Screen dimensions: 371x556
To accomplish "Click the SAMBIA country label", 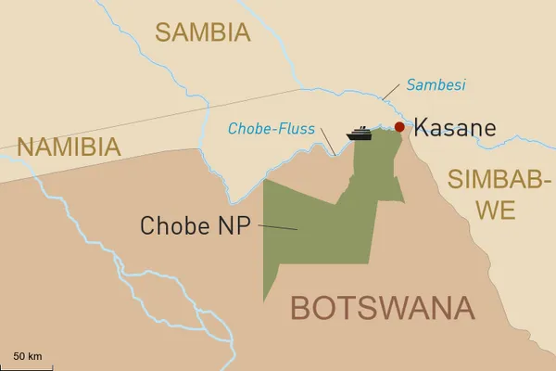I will coord(203,32).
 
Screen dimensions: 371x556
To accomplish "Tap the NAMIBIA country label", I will coord(69,147).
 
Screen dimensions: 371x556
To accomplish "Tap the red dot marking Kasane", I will coord(399,127).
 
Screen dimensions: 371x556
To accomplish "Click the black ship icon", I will coord(360,134).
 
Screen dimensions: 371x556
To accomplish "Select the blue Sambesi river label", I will coord(436,85).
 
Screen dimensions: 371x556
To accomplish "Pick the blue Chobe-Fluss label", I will coord(272,128).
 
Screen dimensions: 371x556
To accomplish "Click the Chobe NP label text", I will coord(196,224).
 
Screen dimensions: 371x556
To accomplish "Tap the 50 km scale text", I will coord(28,355).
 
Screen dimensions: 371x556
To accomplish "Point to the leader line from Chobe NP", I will coord(278,226).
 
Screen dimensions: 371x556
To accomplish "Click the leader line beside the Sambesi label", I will coord(391,93).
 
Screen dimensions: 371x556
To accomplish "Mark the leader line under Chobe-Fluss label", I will coord(327,144).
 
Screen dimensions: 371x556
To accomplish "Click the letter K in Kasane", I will coord(421,128).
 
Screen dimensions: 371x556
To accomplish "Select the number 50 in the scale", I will coord(19,355).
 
